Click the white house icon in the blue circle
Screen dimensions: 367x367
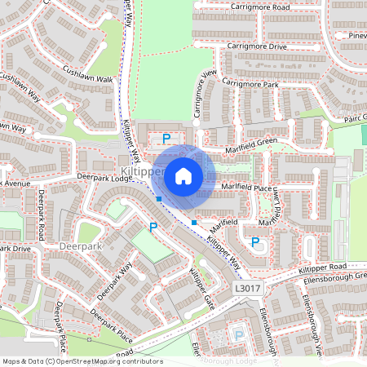coord(183,175)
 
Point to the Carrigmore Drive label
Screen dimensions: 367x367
coord(256,47)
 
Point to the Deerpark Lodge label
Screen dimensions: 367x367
coord(104,177)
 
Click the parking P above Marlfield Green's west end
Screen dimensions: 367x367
coord(167,139)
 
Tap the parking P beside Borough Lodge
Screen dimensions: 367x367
coord(238,334)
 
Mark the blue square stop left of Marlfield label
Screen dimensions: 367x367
coord(194,222)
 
